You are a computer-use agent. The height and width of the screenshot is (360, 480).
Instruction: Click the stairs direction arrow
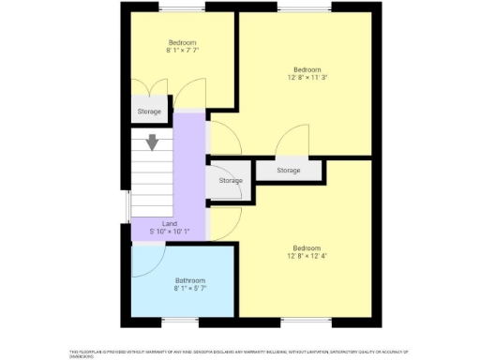coord(152,143)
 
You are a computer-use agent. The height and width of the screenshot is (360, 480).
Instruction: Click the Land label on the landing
coord(169,223)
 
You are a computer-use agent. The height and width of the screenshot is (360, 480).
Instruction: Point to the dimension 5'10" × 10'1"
coord(169,232)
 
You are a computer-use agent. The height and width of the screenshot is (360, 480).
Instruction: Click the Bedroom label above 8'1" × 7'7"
coord(182,42)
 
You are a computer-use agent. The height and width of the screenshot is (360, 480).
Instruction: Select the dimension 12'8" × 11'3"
coord(307,78)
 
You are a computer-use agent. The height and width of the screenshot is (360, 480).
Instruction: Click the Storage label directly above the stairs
coord(149,112)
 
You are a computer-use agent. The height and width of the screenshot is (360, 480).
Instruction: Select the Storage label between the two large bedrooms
coord(289,171)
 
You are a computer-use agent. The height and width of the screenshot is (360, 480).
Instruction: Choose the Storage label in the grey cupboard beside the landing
coord(231,180)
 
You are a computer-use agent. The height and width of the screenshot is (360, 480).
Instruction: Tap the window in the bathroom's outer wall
coord(182,322)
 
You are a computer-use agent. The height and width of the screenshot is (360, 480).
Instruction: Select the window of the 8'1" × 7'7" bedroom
coord(182,7)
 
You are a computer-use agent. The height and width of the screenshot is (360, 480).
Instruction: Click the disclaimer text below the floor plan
coord(240,352)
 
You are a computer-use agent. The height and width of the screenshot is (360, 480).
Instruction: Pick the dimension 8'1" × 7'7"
coord(182,51)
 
